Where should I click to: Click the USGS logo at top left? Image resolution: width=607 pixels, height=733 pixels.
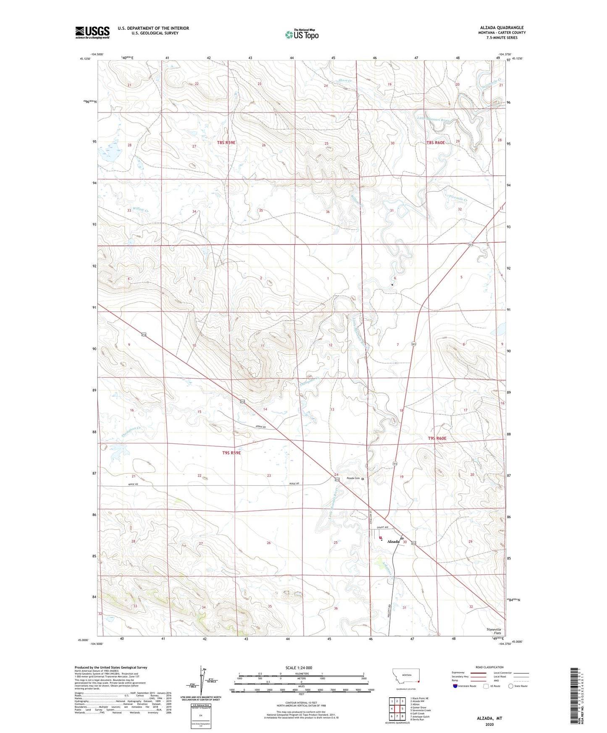click(x=92, y=32)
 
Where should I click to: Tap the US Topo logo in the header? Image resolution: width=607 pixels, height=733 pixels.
click(x=302, y=34)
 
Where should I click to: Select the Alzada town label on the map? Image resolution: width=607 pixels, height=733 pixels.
click(x=393, y=542)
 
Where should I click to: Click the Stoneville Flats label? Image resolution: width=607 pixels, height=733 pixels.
click(x=494, y=631)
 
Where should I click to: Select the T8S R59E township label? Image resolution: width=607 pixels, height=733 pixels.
click(x=226, y=143)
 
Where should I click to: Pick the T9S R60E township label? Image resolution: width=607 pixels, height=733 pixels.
click(x=437, y=438)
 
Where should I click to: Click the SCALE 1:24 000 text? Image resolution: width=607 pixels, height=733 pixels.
click(x=299, y=668)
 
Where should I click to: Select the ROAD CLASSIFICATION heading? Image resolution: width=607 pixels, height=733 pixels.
click(x=489, y=667)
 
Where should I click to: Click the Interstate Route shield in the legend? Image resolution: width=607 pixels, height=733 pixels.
click(x=456, y=686)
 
